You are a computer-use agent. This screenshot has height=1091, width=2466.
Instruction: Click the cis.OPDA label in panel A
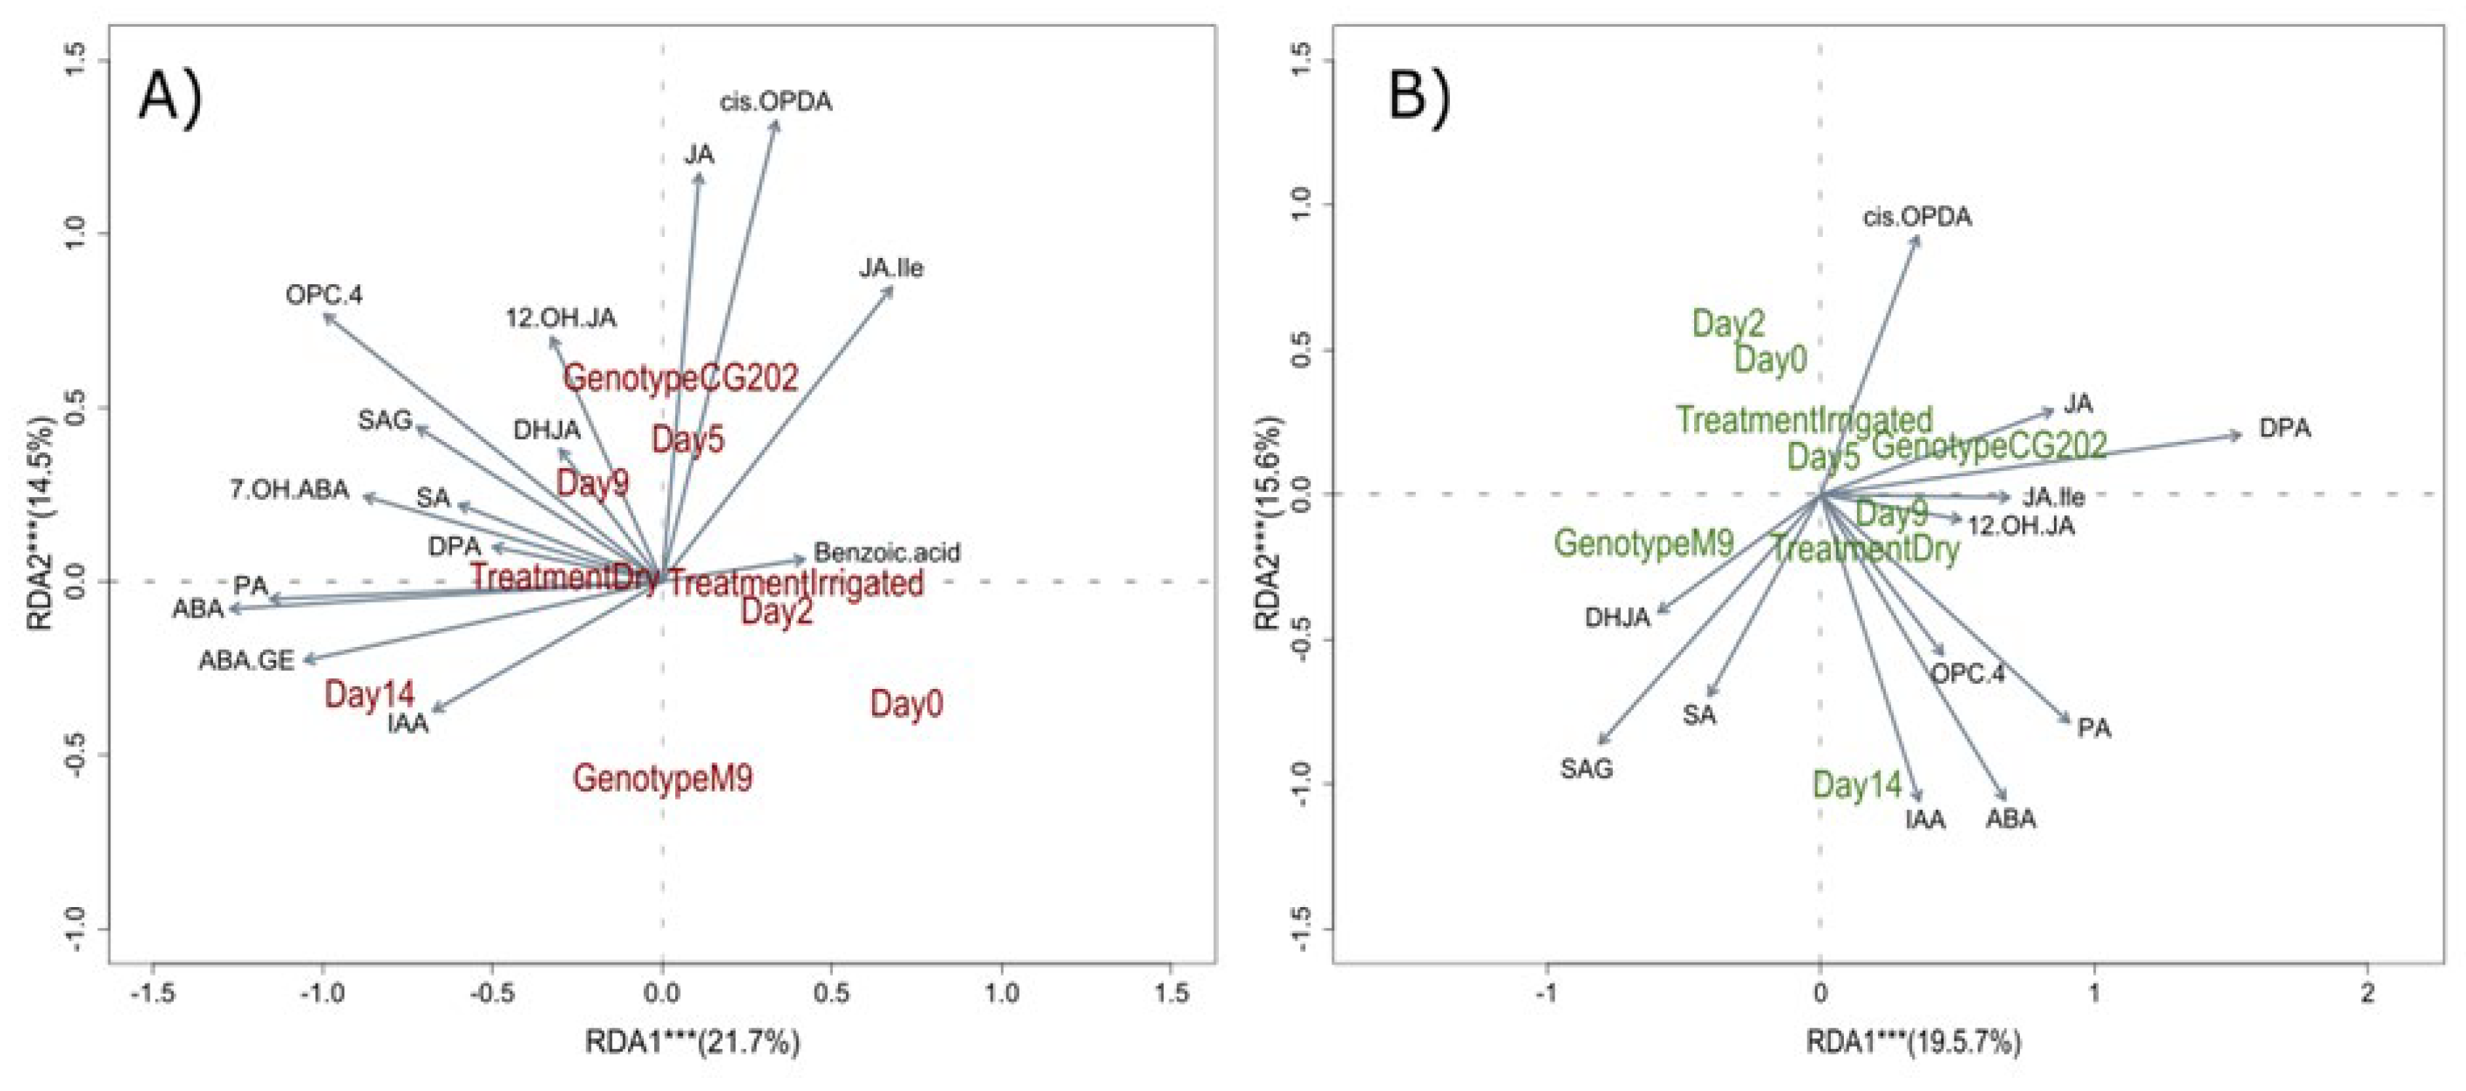775,102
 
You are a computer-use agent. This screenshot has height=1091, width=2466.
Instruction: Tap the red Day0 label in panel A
906,704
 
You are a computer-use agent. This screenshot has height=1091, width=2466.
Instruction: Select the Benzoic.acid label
887,552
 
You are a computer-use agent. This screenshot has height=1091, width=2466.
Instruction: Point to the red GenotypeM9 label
662,778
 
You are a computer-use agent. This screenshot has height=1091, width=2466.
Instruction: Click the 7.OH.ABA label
289,491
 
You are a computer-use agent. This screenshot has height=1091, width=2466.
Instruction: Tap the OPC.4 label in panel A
323,295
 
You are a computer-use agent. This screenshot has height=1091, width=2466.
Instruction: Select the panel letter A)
170,97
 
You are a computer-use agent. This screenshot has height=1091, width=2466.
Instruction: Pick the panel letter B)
1419,97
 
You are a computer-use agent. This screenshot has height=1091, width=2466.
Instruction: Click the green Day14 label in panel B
1856,786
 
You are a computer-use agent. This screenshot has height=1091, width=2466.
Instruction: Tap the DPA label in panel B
2284,428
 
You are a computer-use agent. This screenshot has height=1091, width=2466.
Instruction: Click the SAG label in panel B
1587,768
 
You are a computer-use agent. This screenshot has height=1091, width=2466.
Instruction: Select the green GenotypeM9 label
1644,544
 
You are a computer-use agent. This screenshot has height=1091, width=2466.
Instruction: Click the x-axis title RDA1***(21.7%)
692,1042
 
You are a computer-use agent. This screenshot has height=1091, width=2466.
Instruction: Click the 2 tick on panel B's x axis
2366,994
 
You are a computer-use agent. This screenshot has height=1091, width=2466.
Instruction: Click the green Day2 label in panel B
1728,323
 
